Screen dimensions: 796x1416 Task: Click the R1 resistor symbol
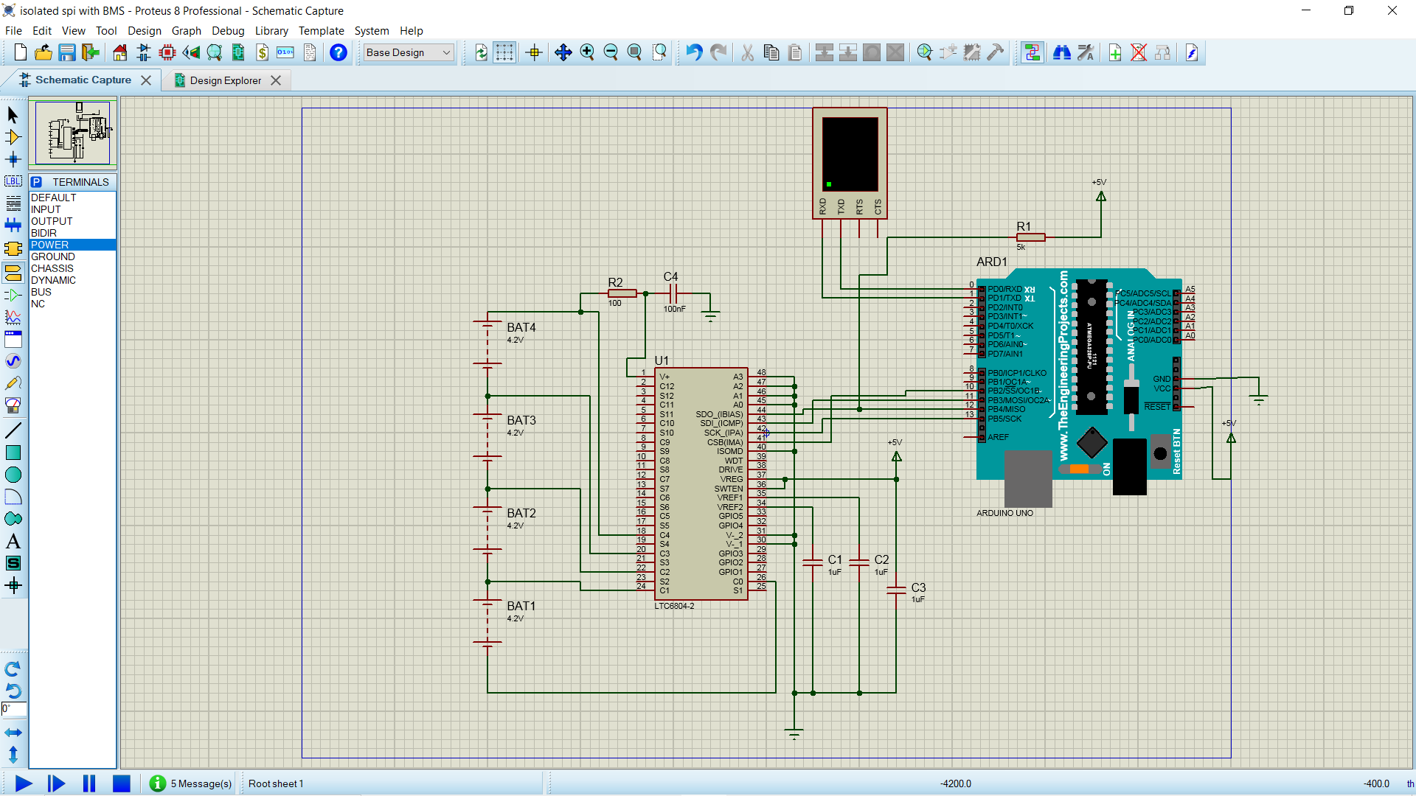[1030, 237]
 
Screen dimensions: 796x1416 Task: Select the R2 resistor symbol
[622, 293]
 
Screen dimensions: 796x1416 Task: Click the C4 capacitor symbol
[673, 293]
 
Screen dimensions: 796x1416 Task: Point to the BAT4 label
[521, 327]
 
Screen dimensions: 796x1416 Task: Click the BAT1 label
[521, 606]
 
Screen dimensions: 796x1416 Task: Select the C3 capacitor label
[918, 587]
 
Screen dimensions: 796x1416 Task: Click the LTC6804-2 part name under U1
[674, 606]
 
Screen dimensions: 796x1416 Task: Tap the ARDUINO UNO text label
[1004, 513]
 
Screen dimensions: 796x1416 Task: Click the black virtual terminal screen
[850, 153]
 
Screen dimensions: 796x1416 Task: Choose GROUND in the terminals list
[53, 256]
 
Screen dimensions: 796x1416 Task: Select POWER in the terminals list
[50, 245]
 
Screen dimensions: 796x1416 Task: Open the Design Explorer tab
[225, 80]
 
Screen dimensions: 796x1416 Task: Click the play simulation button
[23, 783]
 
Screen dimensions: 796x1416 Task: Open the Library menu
[271, 31]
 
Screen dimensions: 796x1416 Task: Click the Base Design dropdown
[408, 52]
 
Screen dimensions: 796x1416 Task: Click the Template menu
[321, 31]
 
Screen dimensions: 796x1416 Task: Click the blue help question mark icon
[338, 52]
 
